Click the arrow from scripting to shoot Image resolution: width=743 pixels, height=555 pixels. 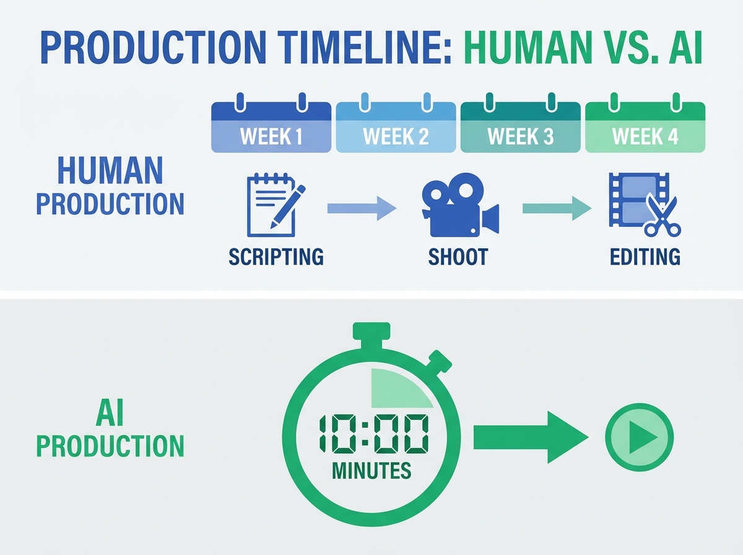point(362,208)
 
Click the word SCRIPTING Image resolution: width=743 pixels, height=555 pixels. point(276,256)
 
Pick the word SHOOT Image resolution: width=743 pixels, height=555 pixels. point(458,256)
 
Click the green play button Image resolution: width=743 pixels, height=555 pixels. point(639,439)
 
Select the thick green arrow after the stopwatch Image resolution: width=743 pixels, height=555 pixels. point(529,439)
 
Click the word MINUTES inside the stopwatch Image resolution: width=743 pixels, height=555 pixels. point(371,471)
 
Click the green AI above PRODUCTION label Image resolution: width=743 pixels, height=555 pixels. point(110,413)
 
